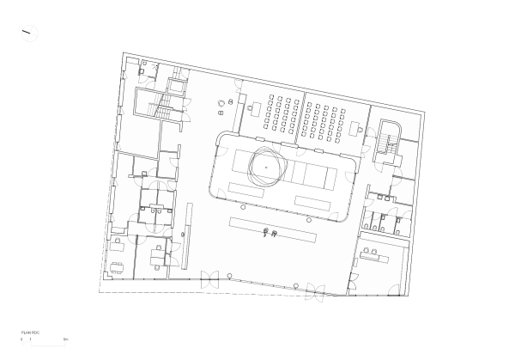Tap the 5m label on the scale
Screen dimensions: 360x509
(65, 340)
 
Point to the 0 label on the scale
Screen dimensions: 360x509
(21, 340)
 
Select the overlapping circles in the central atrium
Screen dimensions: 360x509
(266, 165)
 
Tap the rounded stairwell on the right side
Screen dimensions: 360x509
(391, 142)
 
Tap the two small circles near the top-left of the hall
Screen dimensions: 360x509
(224, 105)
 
